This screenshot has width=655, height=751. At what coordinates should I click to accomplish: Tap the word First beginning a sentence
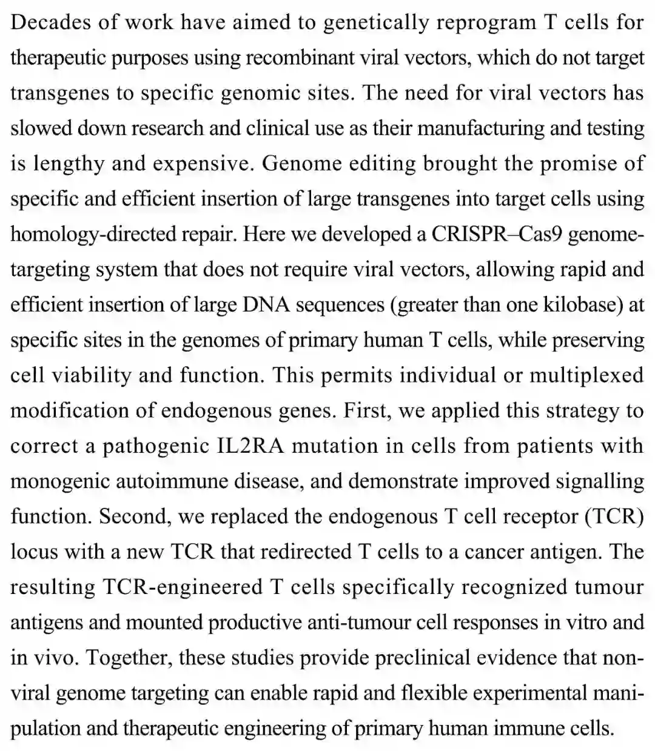click(364, 410)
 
